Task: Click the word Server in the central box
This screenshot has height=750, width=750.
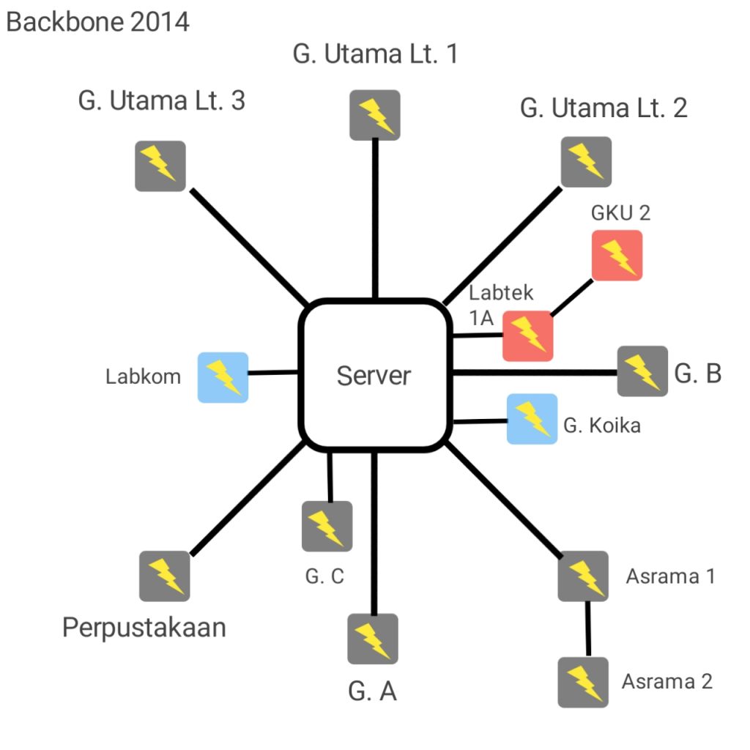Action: [374, 376]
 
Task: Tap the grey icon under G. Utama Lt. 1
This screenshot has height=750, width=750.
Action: [374, 115]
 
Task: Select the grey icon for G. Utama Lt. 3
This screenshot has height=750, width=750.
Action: [160, 166]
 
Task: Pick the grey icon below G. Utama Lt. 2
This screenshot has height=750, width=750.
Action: [586, 162]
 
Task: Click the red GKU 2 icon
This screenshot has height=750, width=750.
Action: [617, 256]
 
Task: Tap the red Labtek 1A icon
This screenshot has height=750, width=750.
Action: [527, 336]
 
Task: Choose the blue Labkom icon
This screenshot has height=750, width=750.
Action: [223, 377]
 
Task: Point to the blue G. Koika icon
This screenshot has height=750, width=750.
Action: [532, 419]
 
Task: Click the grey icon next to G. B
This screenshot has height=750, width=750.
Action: [643, 371]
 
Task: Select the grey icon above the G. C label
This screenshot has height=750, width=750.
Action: [327, 527]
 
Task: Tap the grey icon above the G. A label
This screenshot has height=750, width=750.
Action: [373, 639]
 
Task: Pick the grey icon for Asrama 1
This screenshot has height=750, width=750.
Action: [584, 576]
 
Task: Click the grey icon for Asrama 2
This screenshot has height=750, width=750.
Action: [584, 682]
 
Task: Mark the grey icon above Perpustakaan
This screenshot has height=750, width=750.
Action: [165, 576]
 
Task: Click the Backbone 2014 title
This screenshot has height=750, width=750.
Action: [97, 22]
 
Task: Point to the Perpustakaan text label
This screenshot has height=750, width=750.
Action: [144, 628]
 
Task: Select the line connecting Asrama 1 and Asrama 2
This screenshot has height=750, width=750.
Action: [587, 628]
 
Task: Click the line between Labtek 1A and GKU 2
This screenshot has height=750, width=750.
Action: [572, 298]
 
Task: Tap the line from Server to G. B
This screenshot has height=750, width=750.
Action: [535, 373]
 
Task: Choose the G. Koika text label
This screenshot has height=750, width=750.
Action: [602, 426]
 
